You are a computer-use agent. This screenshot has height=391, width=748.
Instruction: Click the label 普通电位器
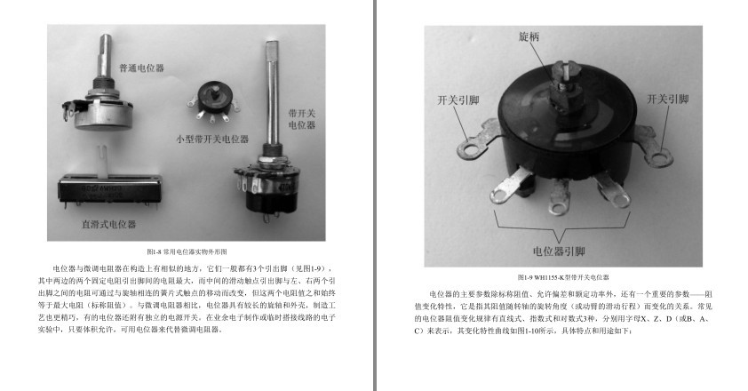(x=141, y=68)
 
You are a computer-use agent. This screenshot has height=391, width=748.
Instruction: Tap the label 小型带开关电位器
(x=211, y=139)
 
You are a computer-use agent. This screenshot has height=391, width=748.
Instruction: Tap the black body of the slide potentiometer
(x=107, y=190)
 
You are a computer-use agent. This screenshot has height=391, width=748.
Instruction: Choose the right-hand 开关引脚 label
(x=667, y=100)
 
